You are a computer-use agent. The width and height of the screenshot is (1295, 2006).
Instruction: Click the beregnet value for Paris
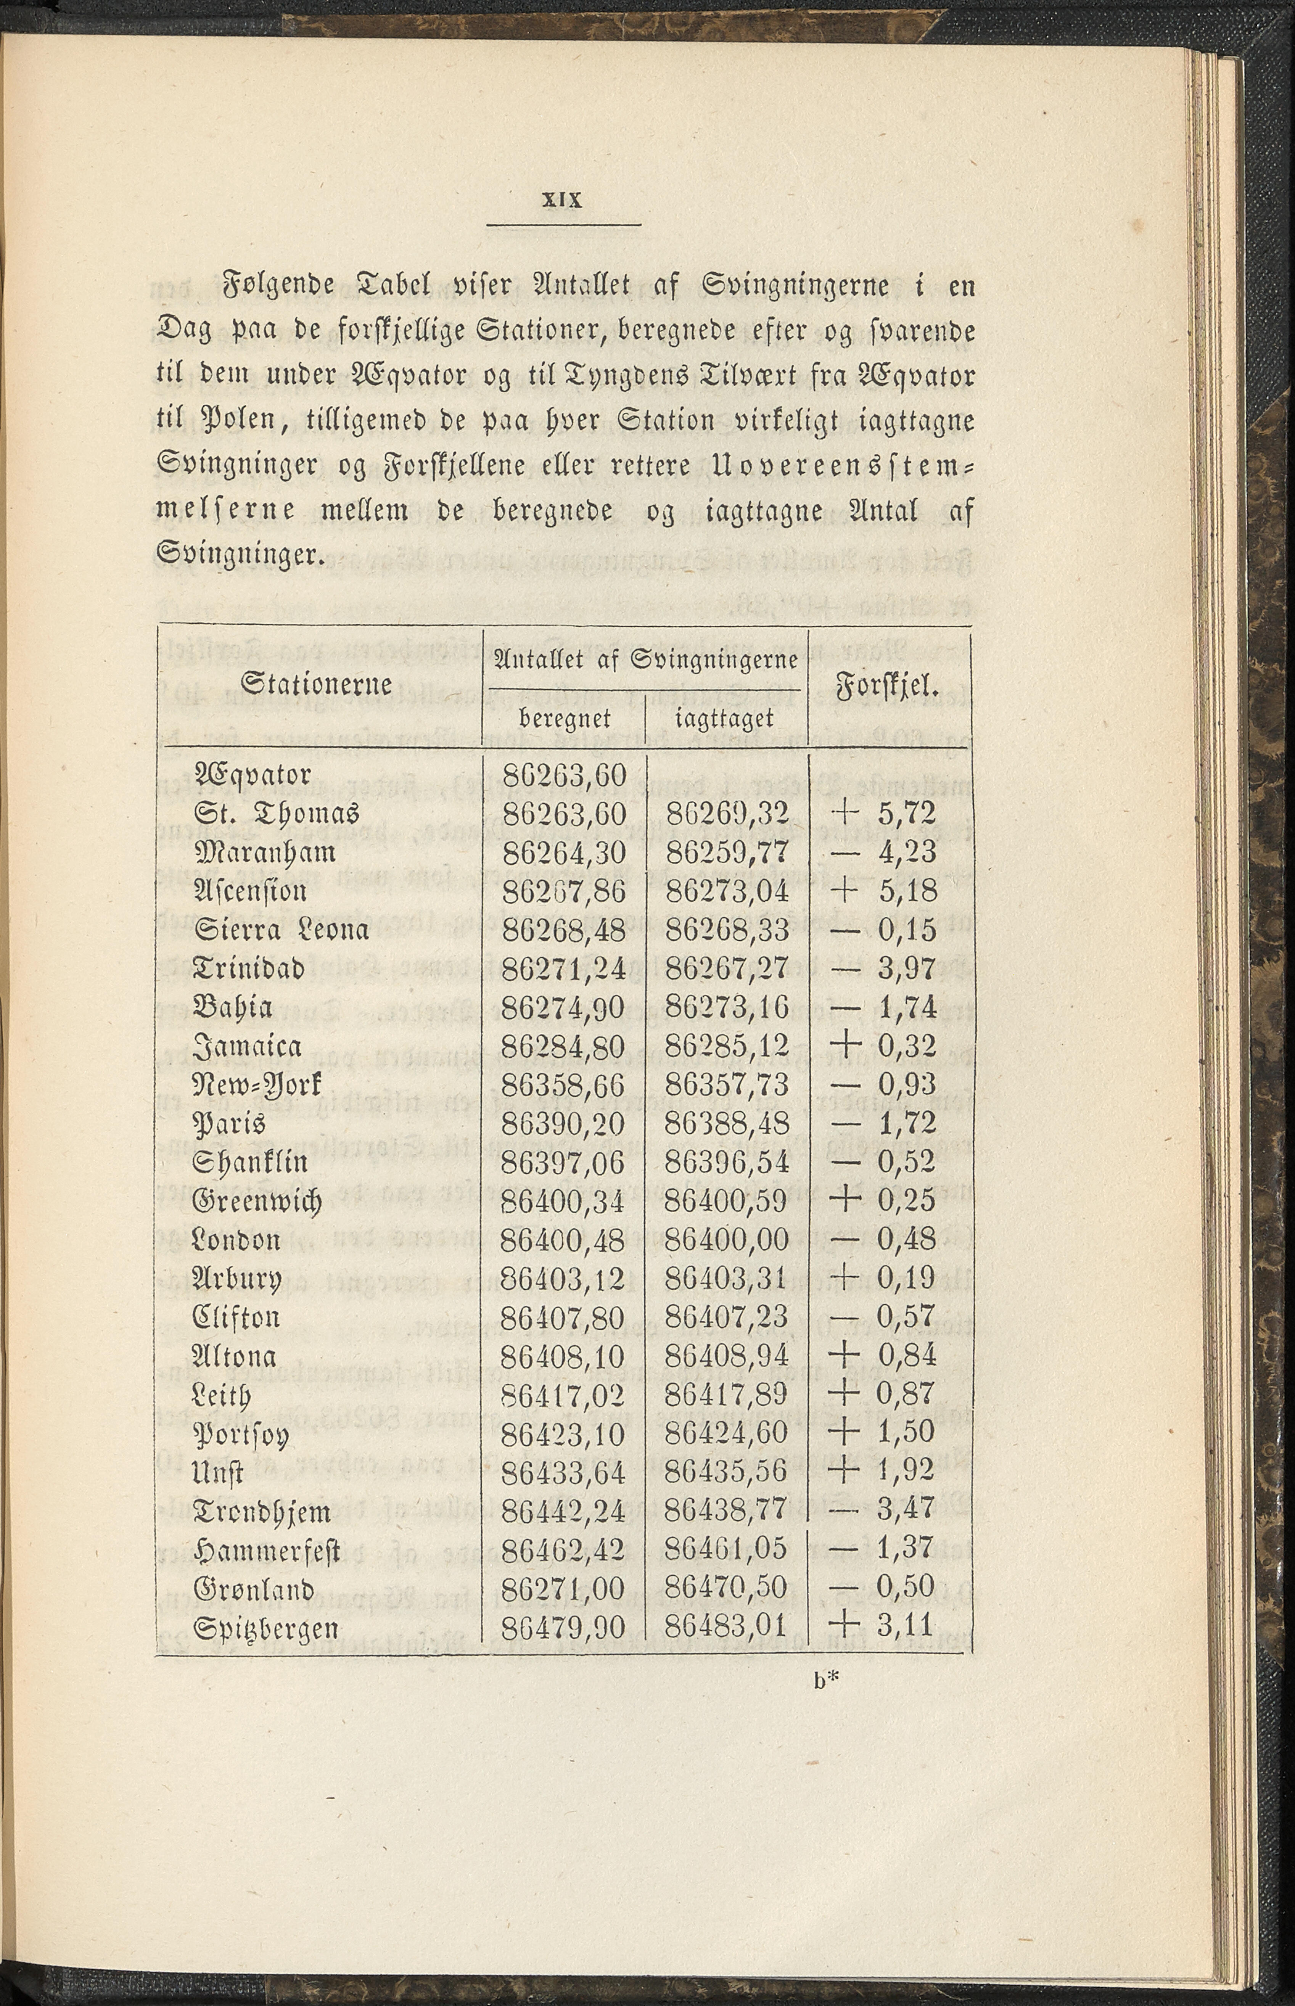click(x=563, y=1123)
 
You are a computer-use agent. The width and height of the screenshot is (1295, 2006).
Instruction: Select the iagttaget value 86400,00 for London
click(x=726, y=1239)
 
